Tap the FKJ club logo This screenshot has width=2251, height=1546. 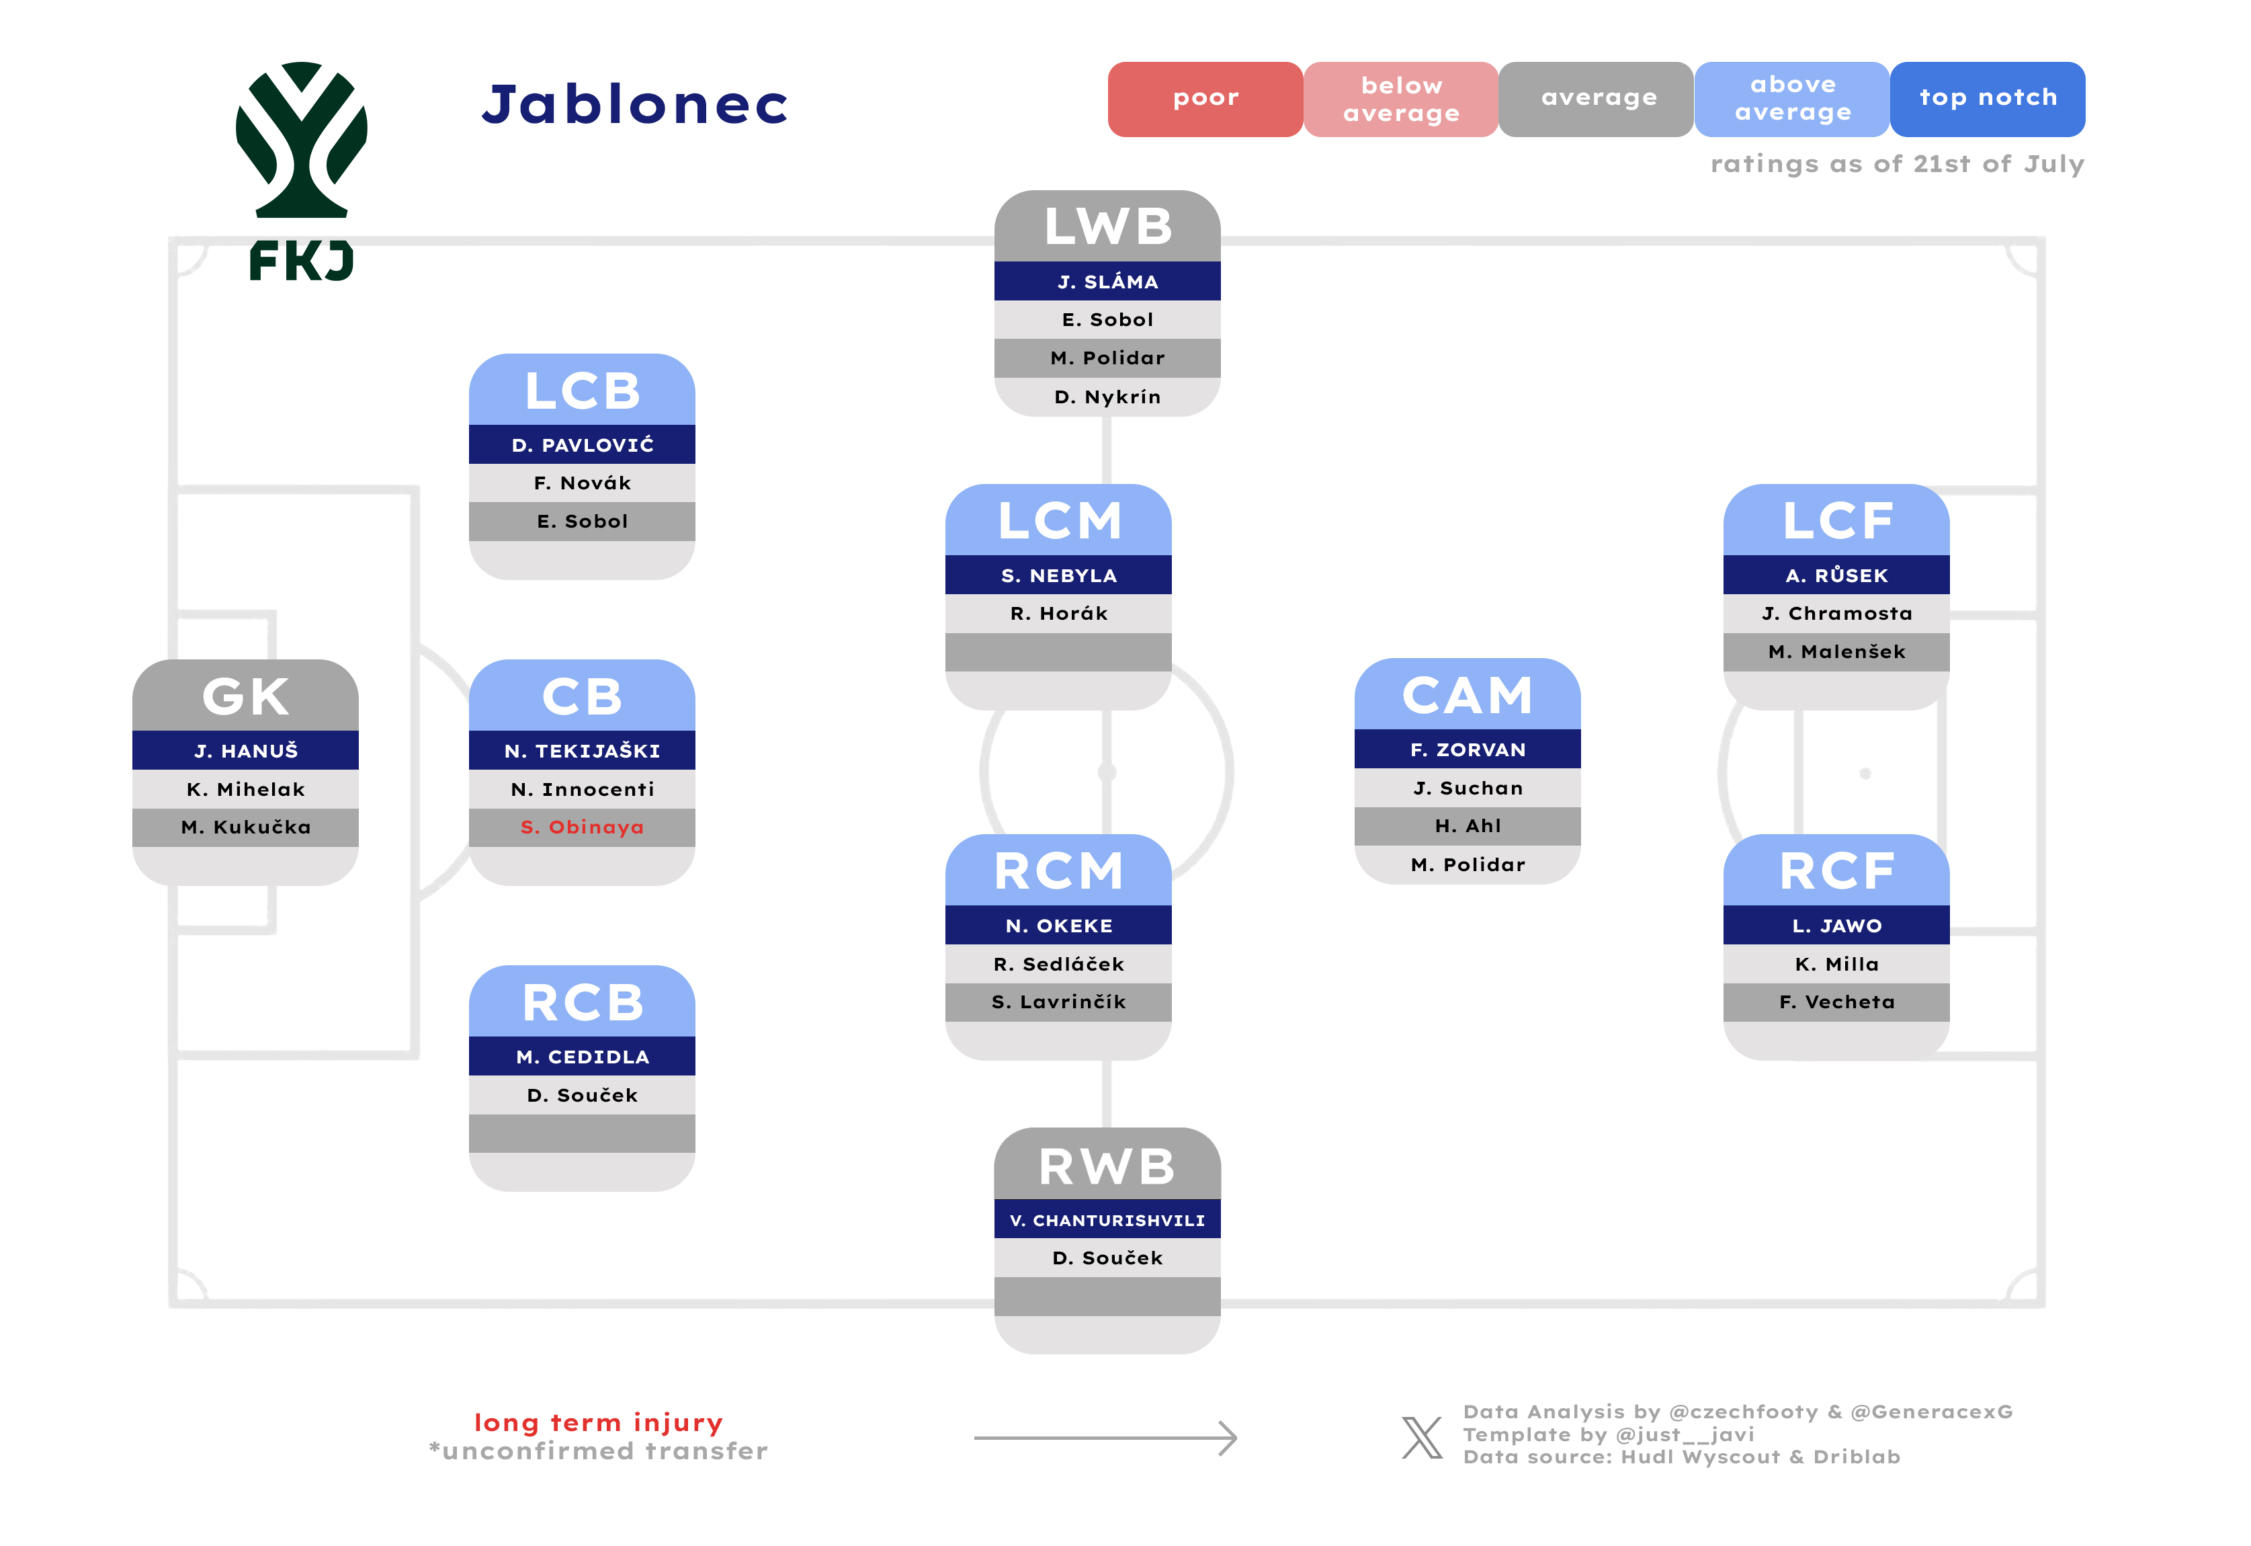pyautogui.click(x=301, y=171)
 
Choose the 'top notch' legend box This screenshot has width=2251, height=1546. pyautogui.click(x=1988, y=99)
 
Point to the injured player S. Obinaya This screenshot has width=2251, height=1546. pyautogui.click(x=582, y=827)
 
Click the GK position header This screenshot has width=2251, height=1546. pyautogui.click(x=245, y=696)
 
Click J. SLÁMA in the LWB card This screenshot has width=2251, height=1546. pyautogui.click(x=1107, y=281)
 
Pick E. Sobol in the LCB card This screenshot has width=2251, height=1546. pyautogui.click(x=582, y=521)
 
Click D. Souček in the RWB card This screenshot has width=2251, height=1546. pyautogui.click(x=1107, y=1258)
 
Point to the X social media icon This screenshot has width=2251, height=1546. pyautogui.click(x=1422, y=1438)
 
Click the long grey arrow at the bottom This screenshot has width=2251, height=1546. pyautogui.click(x=1105, y=1438)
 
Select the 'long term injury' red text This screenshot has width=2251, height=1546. pyautogui.click(x=599, y=1422)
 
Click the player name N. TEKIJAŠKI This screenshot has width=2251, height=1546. pyautogui.click(x=582, y=751)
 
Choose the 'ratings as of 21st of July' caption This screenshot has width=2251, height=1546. pyautogui.click(x=1896, y=164)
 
